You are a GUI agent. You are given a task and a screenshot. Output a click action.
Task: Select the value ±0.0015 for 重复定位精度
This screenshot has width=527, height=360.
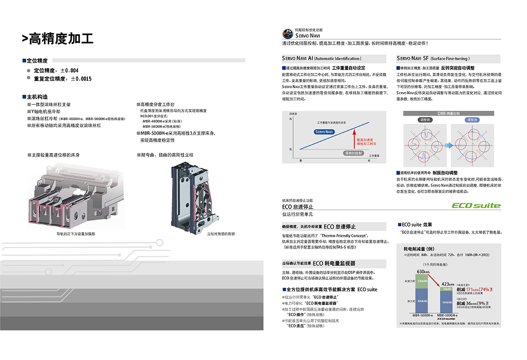81,78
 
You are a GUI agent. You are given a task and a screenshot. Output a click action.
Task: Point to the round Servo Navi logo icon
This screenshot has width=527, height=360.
287,34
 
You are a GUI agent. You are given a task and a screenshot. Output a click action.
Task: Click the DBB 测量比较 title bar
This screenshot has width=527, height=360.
449,114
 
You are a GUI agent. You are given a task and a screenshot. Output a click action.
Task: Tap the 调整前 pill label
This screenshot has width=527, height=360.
425,120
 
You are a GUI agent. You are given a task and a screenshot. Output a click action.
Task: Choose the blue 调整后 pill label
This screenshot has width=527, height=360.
472,120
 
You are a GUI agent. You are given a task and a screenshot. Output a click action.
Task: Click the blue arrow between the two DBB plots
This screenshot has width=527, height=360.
448,145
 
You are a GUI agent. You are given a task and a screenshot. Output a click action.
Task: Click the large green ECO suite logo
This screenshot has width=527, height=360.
476,205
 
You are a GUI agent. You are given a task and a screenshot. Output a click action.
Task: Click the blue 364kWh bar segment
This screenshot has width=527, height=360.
447,302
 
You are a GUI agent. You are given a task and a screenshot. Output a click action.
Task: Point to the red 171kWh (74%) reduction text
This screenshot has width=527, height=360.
474,289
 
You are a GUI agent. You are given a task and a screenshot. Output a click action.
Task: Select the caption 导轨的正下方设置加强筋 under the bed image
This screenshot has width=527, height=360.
76,234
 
